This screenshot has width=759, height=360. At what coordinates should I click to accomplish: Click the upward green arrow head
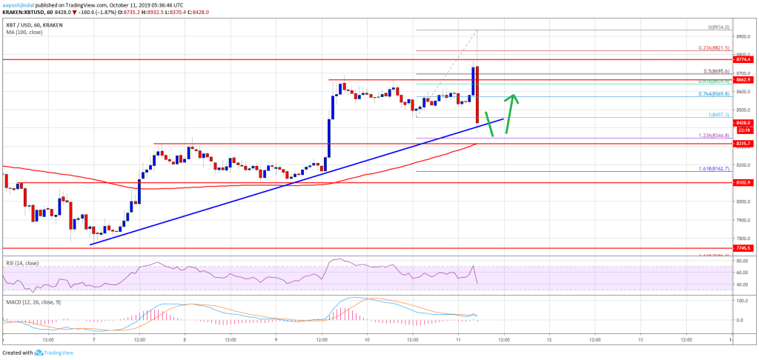coord(511,97)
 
